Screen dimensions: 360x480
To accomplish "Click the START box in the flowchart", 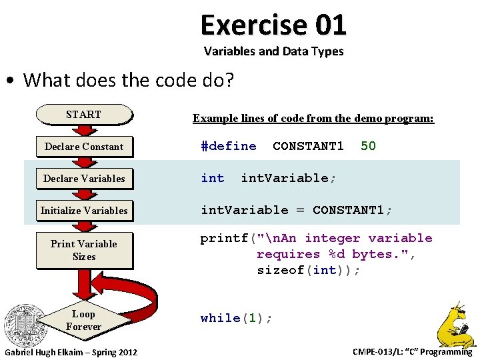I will (x=83, y=115).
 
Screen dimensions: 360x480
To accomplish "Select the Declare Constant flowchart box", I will (x=83, y=147).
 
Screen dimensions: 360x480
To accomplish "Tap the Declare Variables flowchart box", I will (x=83, y=179).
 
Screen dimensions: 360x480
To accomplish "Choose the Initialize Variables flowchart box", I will (x=83, y=211).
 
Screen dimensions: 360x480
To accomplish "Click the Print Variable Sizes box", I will (x=83, y=250).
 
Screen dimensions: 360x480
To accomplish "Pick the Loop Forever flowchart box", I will (x=83, y=320).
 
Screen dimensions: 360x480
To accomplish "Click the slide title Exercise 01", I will (x=273, y=25).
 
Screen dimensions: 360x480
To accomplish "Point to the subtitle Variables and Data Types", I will (x=273, y=51).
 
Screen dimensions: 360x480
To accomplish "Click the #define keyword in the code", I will (x=229, y=146).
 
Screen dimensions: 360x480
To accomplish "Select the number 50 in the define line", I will (x=368, y=146).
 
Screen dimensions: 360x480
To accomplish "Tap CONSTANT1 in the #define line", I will (x=308, y=146).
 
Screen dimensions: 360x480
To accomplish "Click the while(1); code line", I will (x=236, y=318).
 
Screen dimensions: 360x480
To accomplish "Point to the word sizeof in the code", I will (x=280, y=270).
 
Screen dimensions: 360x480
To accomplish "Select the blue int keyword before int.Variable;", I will (x=213, y=178).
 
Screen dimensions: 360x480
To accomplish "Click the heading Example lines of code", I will (x=313, y=119).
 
